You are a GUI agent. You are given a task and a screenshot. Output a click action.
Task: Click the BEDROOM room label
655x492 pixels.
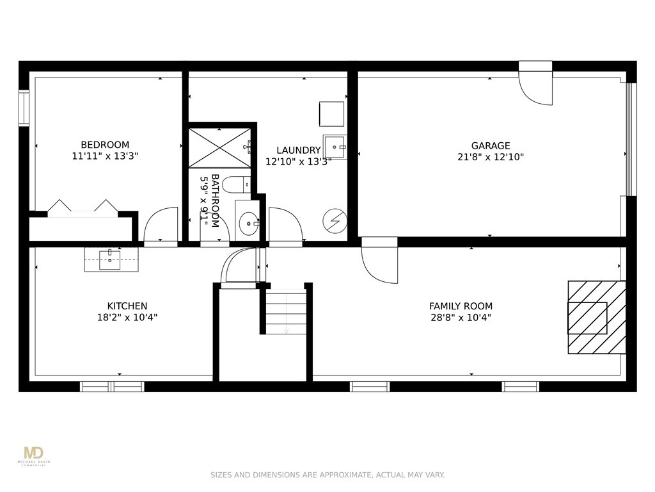click(x=105, y=145)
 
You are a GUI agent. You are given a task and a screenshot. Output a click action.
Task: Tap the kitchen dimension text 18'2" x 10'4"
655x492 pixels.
click(x=127, y=317)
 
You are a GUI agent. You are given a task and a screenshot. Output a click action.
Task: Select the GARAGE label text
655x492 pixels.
click(x=491, y=145)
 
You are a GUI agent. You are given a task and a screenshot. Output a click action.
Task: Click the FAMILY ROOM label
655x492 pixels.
click(x=461, y=306)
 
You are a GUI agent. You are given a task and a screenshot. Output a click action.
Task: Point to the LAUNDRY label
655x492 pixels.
click(x=298, y=151)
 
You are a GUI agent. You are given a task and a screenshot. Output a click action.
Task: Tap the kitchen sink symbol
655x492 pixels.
click(x=111, y=259)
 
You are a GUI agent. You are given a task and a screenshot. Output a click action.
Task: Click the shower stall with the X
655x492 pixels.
click(x=219, y=148)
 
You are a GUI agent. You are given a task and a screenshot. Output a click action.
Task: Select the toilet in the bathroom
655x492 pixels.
click(x=239, y=184)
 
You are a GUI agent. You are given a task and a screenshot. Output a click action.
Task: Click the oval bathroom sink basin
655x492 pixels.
click(x=248, y=224)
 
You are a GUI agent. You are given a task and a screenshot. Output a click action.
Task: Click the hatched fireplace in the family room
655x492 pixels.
click(x=596, y=317)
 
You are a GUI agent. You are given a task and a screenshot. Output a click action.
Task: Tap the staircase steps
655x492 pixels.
click(x=286, y=313)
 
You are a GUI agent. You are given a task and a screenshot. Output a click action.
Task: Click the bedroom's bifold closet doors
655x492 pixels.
click(x=83, y=208)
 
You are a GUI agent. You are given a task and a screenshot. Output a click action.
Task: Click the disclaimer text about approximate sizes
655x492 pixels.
click(x=327, y=475)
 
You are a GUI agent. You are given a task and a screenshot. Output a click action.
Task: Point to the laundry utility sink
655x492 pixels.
click(x=335, y=147)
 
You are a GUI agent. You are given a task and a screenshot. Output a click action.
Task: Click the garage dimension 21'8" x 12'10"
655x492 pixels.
click(x=491, y=156)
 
